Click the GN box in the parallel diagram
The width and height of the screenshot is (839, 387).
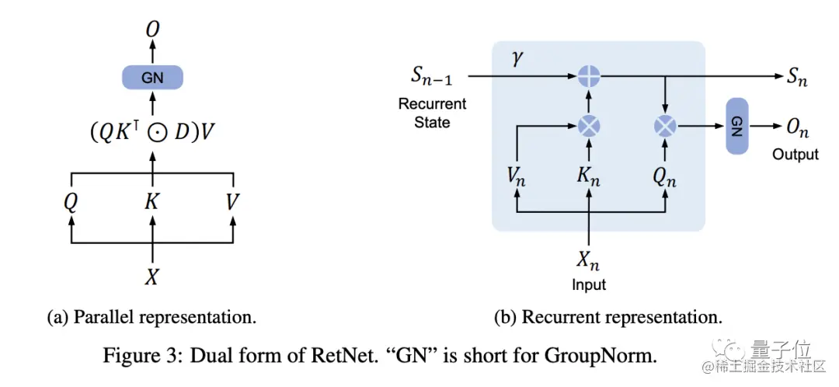coord(152,77)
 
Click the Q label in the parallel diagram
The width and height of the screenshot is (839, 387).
coord(71,203)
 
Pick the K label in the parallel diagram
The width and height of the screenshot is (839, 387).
coord(152,203)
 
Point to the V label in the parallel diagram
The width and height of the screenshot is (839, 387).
coord(232,203)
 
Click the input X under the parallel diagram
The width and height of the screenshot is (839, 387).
coord(152,277)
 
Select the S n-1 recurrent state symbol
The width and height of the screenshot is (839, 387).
coord(433,77)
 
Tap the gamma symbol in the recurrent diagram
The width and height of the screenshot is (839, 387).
coord(520,60)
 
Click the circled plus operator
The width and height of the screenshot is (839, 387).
coord(590,76)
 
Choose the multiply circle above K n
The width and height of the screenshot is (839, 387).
coord(590,124)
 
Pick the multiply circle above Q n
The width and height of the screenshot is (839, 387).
coord(665,124)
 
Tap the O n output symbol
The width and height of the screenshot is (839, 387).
coord(795,126)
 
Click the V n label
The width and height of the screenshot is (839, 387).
coord(517,176)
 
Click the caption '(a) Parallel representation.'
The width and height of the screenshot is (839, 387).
coord(151,318)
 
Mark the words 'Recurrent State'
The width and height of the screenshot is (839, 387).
coord(432,113)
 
